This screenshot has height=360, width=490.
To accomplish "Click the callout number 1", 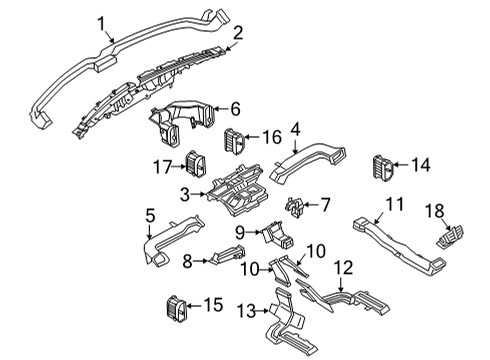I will coord(101,21).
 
